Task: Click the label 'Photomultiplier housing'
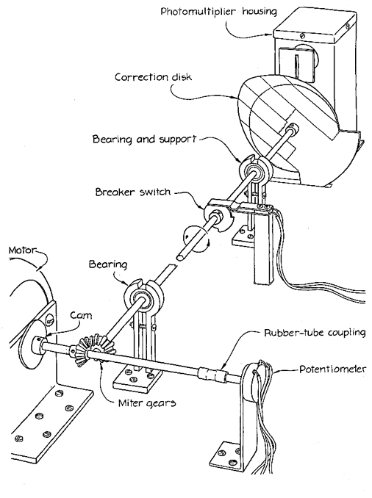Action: tap(219, 12)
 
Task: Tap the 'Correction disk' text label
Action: tap(153, 77)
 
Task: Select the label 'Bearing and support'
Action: tap(145, 140)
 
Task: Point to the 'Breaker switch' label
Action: tap(133, 192)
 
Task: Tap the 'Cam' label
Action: tap(81, 315)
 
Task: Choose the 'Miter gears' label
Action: tap(147, 403)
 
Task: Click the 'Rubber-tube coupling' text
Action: tap(315, 333)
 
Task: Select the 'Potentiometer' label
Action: tap(332, 369)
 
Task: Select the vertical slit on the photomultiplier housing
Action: tap(296, 66)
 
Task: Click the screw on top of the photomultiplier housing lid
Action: tap(302, 36)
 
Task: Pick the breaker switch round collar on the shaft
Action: tap(216, 217)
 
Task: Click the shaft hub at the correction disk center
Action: tap(292, 129)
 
